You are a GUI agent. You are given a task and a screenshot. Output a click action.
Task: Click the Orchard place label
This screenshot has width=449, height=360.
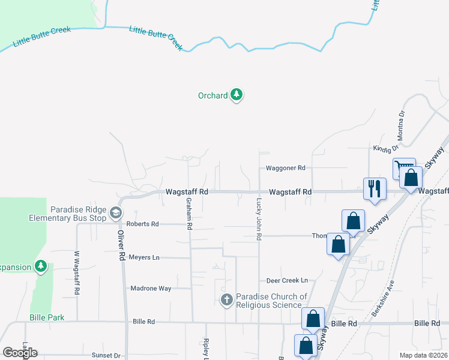(x=213, y=95)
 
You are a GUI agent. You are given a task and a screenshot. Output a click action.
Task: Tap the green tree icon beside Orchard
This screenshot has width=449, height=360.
(x=237, y=95)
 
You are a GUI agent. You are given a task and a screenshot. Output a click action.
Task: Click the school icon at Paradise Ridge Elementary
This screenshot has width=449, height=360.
(x=116, y=212)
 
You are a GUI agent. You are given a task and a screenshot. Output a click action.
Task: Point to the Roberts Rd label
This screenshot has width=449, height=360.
(x=146, y=224)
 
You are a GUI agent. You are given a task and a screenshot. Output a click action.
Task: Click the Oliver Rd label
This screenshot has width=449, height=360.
(x=121, y=245)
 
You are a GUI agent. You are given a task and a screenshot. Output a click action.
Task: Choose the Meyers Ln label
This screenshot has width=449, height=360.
(x=144, y=257)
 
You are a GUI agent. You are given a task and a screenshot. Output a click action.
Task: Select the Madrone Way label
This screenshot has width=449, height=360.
(x=151, y=289)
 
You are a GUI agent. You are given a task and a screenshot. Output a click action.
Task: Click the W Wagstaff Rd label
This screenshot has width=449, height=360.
(x=77, y=273)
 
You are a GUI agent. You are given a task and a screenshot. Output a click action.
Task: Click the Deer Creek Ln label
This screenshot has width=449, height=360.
(x=287, y=280)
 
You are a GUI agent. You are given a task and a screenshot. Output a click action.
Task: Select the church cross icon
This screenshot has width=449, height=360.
(x=227, y=299)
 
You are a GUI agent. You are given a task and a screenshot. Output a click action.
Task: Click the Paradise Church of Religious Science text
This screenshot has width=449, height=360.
(x=271, y=301)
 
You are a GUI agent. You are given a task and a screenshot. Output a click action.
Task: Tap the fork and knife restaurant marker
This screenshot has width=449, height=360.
(x=373, y=188)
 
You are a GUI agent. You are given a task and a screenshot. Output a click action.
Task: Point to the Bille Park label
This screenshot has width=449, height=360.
(x=47, y=317)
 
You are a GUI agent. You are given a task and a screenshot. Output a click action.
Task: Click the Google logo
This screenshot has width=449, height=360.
(x=20, y=353)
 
